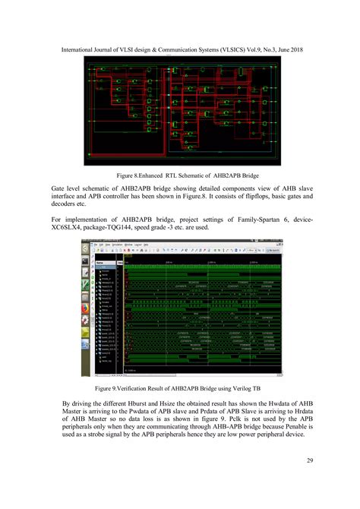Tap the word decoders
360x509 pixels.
65,204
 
